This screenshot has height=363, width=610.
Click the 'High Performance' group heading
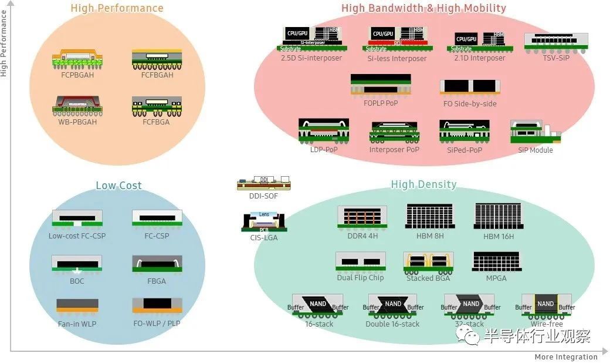tap(117, 8)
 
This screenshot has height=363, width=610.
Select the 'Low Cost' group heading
tap(118, 186)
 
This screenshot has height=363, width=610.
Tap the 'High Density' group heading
tap(423, 184)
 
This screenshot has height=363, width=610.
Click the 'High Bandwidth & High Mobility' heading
tap(423, 8)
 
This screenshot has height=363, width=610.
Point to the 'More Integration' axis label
tap(566, 357)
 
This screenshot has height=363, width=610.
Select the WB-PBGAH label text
tap(77, 122)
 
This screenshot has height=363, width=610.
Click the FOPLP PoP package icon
tap(381, 85)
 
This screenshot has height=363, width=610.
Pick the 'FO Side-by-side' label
tap(470, 104)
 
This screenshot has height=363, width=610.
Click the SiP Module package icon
tap(535, 133)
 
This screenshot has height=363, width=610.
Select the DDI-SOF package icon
tap(263, 183)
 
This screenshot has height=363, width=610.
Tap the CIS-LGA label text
tap(263, 238)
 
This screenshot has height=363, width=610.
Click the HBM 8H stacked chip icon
tap(430, 216)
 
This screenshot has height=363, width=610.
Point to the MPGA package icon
tap(496, 262)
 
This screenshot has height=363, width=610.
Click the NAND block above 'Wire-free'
tap(545, 304)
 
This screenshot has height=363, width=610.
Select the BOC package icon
tap(77, 263)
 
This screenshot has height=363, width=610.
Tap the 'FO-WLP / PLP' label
tap(157, 324)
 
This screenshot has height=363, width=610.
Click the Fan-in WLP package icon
tap(77, 305)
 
